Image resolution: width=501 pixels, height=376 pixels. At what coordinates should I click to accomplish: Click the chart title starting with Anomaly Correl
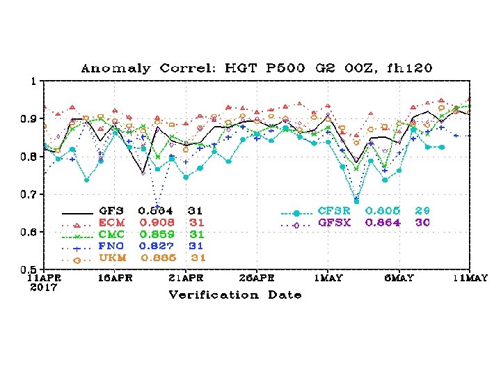point(257,68)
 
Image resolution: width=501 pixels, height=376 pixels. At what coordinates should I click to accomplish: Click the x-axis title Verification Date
point(235,295)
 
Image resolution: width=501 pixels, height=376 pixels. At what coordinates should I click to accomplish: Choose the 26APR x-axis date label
point(256,279)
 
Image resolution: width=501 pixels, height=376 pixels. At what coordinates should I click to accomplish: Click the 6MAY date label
point(399,279)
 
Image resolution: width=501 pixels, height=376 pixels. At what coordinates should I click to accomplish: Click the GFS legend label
point(112,210)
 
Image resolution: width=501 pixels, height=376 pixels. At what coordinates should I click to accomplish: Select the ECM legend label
point(112,223)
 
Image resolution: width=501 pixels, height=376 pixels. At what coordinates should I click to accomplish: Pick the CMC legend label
point(112,235)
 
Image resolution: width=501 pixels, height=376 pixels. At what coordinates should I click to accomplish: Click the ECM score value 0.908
point(157,223)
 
